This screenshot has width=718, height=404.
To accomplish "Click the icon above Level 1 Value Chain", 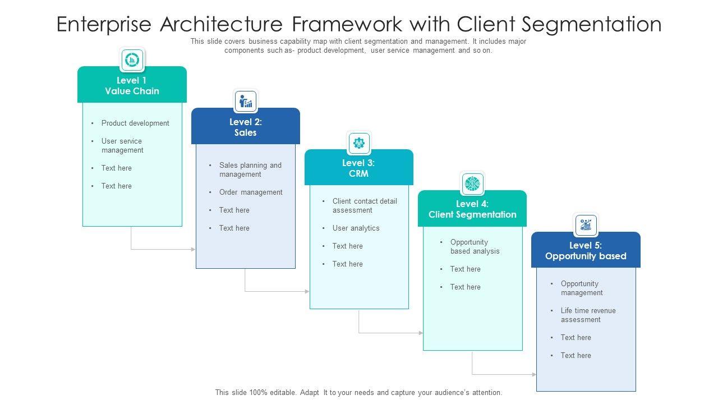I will coord(132,59).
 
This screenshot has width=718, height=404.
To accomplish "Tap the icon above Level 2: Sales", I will coord(246,102).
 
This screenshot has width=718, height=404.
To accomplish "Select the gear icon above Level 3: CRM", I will coord(359,143).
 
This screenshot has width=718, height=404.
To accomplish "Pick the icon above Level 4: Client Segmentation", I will coord(472,183).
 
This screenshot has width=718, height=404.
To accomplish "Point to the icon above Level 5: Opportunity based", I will coord(586,225).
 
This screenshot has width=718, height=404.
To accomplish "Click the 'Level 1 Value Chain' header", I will coord(132,85).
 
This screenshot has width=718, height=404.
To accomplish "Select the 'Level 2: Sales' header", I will coord(246,127).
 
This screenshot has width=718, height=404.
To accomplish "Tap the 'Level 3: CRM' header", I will coord(358,168).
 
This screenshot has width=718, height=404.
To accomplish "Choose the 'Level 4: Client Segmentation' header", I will coord(472,209).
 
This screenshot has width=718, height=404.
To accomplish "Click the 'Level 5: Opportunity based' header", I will coord(586,250).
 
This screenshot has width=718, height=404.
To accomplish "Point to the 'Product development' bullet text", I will coord(135,123).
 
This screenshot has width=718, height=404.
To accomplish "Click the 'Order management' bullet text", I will coord(251,192).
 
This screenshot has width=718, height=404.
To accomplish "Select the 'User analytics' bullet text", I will coord(356,228).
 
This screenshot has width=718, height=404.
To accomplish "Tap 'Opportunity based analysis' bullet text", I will coord(475,247).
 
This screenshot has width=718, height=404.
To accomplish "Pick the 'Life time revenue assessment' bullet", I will coord(588,315).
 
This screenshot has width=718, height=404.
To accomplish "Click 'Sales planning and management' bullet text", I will coord(250,170).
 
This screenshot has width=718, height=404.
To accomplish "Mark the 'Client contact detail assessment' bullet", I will coord(365,206).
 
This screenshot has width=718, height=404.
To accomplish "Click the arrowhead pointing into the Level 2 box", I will coord(194,249).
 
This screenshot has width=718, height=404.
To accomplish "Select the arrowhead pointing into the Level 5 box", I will coord(534,374).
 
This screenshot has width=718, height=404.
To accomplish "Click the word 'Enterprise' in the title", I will coord(104,25).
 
